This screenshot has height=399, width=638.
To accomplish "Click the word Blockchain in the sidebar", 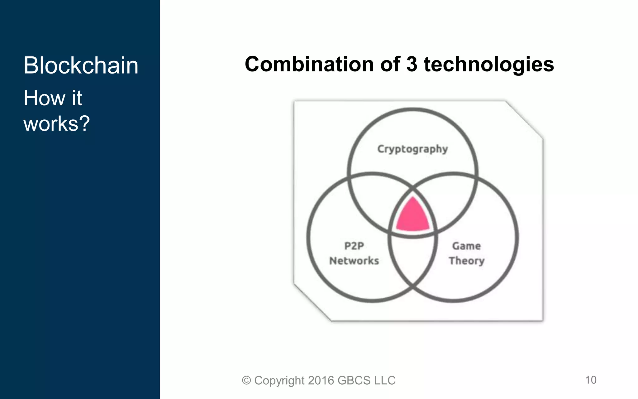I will pyautogui.click(x=81, y=66).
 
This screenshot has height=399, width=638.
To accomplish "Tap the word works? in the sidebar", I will pyautogui.click(x=57, y=124).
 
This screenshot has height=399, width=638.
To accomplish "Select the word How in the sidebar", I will pyautogui.click(x=44, y=98).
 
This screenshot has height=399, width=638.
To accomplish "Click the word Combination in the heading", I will pyautogui.click(x=309, y=64).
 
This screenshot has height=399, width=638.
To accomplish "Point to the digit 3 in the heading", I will pyautogui.click(x=412, y=64).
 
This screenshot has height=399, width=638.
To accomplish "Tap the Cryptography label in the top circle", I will pyautogui.click(x=412, y=149).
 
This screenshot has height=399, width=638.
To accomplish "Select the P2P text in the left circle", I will pyautogui.click(x=354, y=246).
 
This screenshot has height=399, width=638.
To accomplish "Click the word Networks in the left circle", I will pyautogui.click(x=354, y=261).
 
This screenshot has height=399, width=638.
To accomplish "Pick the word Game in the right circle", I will pyautogui.click(x=466, y=246).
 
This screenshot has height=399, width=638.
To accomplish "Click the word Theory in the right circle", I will pyautogui.click(x=466, y=261).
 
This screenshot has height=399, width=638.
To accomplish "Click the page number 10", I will pyautogui.click(x=591, y=380).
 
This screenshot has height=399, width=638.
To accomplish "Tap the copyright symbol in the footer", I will pyautogui.click(x=246, y=381).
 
